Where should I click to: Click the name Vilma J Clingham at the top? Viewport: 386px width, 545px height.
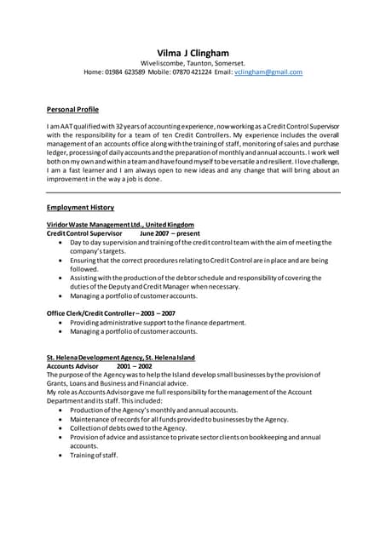(193, 53)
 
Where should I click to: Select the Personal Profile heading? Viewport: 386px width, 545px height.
(72, 110)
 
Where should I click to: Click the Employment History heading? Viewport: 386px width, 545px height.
(80, 207)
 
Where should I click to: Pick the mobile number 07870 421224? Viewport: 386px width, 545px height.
(189, 72)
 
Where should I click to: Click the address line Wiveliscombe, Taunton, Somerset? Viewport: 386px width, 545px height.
(193, 63)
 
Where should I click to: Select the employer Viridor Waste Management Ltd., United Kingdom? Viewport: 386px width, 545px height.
(120, 224)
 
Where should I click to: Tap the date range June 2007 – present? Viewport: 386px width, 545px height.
(170, 232)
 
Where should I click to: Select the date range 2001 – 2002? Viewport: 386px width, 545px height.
(134, 365)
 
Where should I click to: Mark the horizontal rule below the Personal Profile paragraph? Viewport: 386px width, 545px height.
(193, 192)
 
